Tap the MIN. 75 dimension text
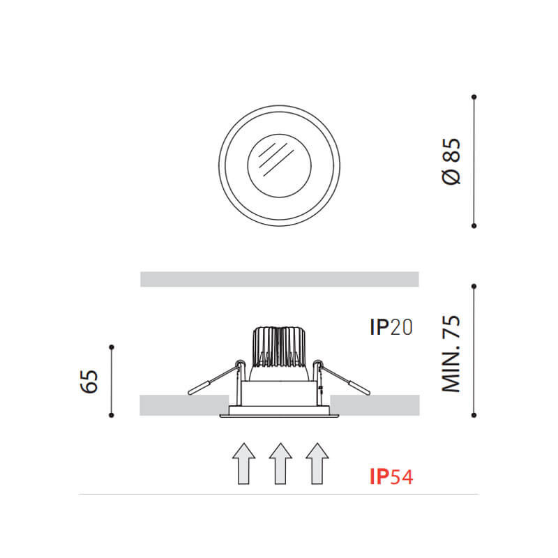click(x=452, y=354)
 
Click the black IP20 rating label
click(x=391, y=327)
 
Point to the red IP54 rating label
click(x=391, y=477)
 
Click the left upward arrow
click(x=242, y=463)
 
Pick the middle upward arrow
click(x=280, y=463)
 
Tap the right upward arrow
click(x=317, y=463)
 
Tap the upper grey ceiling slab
click(x=279, y=279)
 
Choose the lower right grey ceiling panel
click(x=375, y=405)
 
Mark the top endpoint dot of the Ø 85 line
click(x=474, y=96)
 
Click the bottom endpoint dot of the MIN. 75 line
click(x=474, y=415)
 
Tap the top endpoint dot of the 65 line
click(x=112, y=347)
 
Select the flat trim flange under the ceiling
click(x=279, y=416)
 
